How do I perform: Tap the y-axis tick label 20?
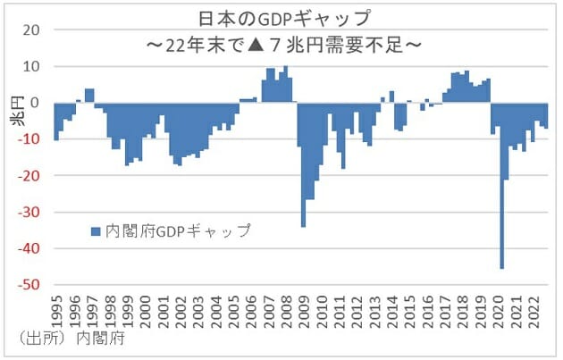[x=31, y=29]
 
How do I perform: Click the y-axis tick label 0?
[x=35, y=103]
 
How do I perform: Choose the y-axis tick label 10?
[x=31, y=66]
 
